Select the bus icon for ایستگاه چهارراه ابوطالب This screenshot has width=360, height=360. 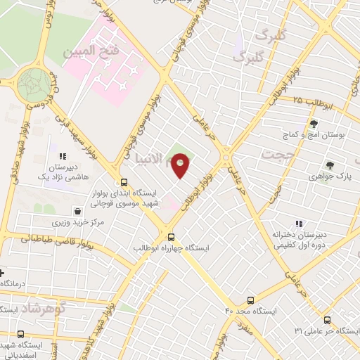(x=171, y=237)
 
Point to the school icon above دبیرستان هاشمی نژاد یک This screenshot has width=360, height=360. (x=63, y=156)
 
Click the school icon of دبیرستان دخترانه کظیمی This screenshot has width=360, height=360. (x=300, y=224)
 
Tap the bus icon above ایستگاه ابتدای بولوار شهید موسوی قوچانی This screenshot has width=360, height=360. (x=124, y=181)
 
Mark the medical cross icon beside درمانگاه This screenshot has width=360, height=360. (x=2, y=272)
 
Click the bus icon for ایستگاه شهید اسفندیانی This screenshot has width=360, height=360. (x=20, y=335)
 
